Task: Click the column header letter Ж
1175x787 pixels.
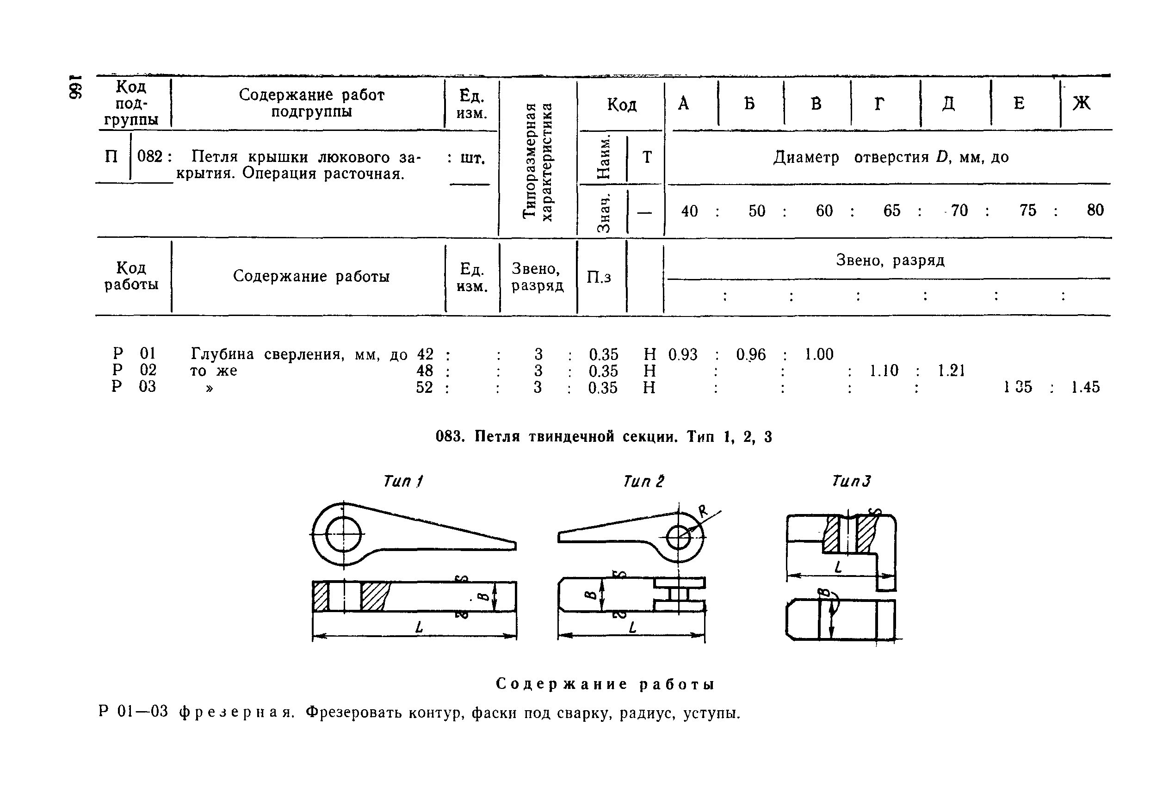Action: [x=1081, y=103]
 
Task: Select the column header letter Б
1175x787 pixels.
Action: [x=749, y=103]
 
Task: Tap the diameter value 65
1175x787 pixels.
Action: [x=891, y=211]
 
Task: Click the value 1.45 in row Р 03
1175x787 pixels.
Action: [x=1085, y=387]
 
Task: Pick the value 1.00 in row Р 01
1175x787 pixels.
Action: [x=819, y=354]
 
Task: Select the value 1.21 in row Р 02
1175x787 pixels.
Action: [x=951, y=371]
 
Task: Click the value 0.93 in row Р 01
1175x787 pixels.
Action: [x=682, y=354]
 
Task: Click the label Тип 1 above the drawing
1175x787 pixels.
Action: [x=403, y=481]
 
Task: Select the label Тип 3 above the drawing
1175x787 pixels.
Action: [x=851, y=481]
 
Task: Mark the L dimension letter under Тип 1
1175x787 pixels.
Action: [x=419, y=627]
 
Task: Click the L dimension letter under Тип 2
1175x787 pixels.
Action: [x=632, y=627]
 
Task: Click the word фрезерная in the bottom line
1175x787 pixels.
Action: [x=236, y=712]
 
